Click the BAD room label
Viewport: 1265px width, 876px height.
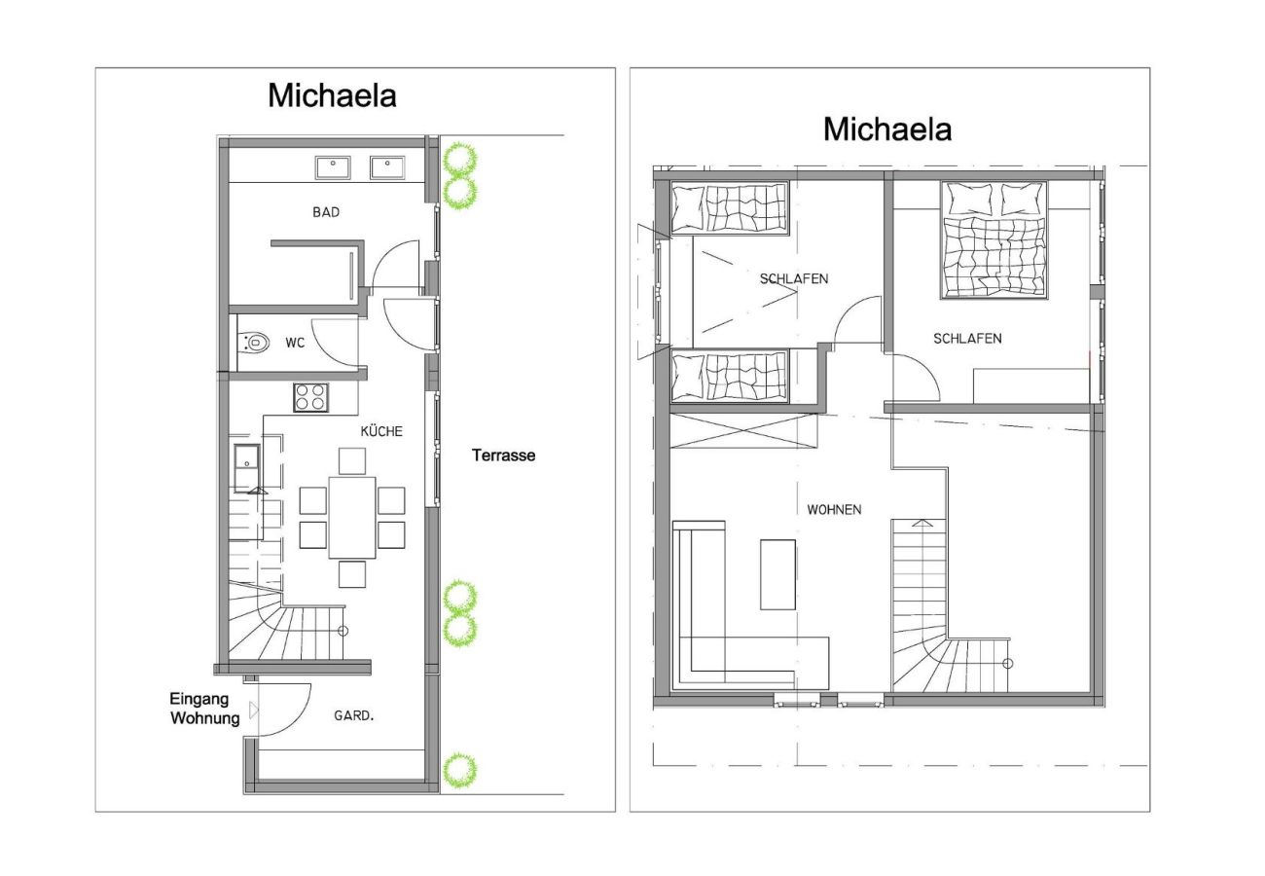326,211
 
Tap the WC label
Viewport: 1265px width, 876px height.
295,343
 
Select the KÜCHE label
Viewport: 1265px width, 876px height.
380,431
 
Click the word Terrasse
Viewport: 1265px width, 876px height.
503,455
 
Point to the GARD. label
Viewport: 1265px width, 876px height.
353,715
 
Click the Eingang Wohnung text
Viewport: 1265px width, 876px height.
203,709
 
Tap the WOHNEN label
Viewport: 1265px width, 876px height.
834,509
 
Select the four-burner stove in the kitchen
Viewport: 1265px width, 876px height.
311,397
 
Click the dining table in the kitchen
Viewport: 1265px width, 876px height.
352,516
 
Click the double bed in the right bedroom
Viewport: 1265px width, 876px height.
994,241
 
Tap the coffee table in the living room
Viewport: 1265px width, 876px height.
777,573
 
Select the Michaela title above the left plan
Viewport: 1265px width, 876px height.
332,95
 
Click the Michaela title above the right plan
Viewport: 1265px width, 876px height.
886,128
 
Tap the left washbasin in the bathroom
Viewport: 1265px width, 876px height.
333,167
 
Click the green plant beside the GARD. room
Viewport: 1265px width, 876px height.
459,770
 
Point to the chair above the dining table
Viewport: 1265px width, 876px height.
352,460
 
